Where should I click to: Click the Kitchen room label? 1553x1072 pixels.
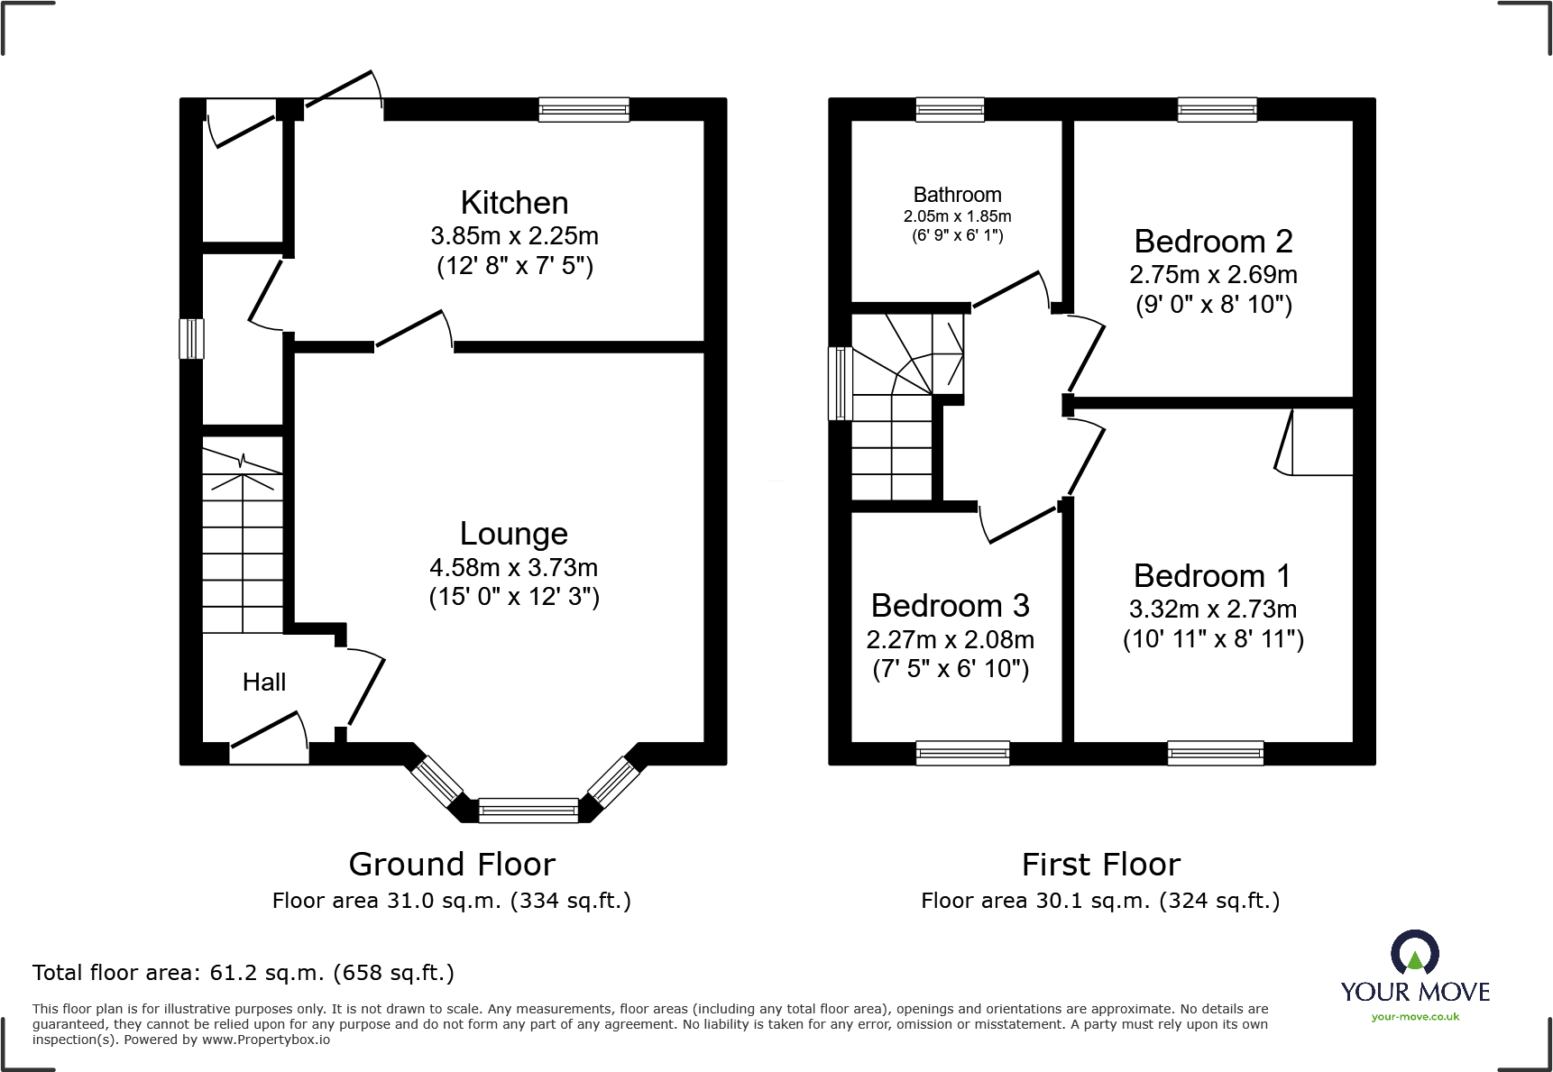pyautogui.click(x=514, y=203)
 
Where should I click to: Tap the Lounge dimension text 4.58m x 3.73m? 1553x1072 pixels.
pyautogui.click(x=514, y=567)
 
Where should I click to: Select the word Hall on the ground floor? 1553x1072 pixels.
pyautogui.click(x=264, y=683)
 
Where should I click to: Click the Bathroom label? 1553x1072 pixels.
pyautogui.click(x=957, y=195)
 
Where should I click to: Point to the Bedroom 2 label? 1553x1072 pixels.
pyautogui.click(x=1213, y=242)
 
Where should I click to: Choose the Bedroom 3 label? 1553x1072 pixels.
pyautogui.click(x=951, y=606)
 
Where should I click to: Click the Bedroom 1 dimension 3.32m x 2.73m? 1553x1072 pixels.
pyautogui.click(x=1213, y=609)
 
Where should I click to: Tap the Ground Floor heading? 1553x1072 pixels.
pyautogui.click(x=452, y=865)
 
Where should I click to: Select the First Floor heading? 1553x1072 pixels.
pyautogui.click(x=1101, y=865)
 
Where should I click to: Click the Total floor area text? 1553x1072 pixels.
pyautogui.click(x=244, y=973)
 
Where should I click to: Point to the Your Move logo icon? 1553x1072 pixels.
pyautogui.click(x=1415, y=953)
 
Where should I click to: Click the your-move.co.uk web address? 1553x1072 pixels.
pyautogui.click(x=1415, y=1017)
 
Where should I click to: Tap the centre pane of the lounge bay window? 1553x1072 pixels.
pyautogui.click(x=528, y=810)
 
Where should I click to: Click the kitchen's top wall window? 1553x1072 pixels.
pyautogui.click(x=584, y=110)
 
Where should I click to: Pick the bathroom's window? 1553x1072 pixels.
pyautogui.click(x=951, y=110)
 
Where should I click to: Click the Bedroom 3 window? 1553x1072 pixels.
pyautogui.click(x=962, y=753)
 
